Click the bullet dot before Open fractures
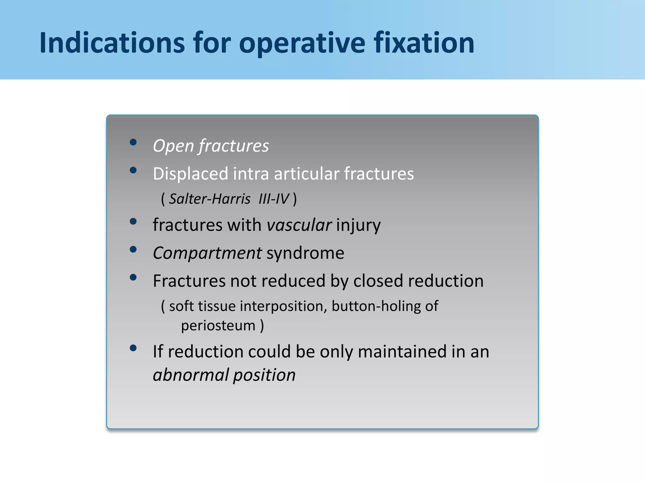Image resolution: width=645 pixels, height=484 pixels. [x=133, y=142]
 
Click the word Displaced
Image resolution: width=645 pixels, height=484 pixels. [x=190, y=174]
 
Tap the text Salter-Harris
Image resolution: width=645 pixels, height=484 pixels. [x=209, y=199]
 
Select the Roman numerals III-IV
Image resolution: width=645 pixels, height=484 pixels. [x=273, y=199]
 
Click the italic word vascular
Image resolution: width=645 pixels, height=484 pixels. [x=299, y=225]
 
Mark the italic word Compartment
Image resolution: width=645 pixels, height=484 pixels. [x=207, y=253]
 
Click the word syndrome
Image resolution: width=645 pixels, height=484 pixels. [x=305, y=253]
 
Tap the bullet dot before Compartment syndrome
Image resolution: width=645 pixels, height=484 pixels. [x=133, y=250]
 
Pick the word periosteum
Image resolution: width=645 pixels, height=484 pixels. [x=218, y=326]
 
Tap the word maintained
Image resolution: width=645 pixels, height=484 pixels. [x=402, y=351]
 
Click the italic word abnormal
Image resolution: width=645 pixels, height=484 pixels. [x=191, y=375]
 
